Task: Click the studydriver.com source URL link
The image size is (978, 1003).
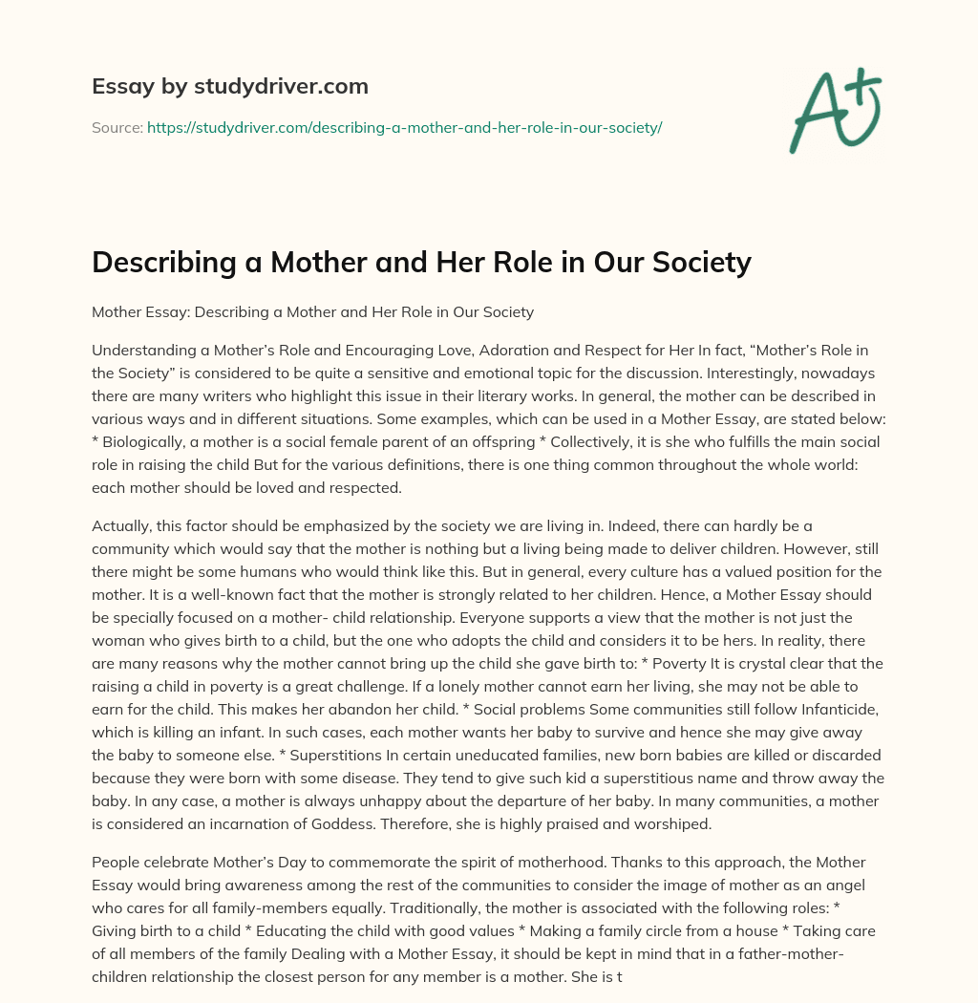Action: coord(404,127)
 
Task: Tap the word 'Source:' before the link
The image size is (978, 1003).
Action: coord(117,127)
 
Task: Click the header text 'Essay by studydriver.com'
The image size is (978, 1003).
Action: coord(229,87)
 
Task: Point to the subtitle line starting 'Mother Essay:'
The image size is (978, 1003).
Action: coord(312,311)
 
